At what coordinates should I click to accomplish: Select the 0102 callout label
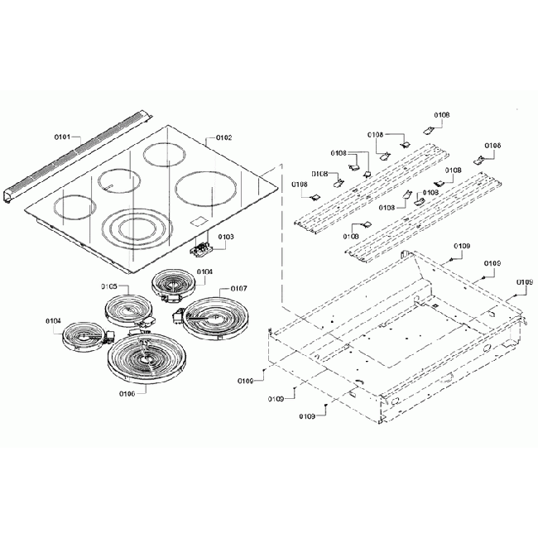point(223,138)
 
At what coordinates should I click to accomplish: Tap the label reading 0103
point(226,237)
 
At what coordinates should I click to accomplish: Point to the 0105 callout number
point(110,286)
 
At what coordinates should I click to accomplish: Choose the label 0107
point(238,288)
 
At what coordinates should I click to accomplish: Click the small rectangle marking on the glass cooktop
point(197,221)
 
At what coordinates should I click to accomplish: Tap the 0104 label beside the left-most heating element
point(53,320)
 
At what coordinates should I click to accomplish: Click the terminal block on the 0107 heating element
point(178,315)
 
